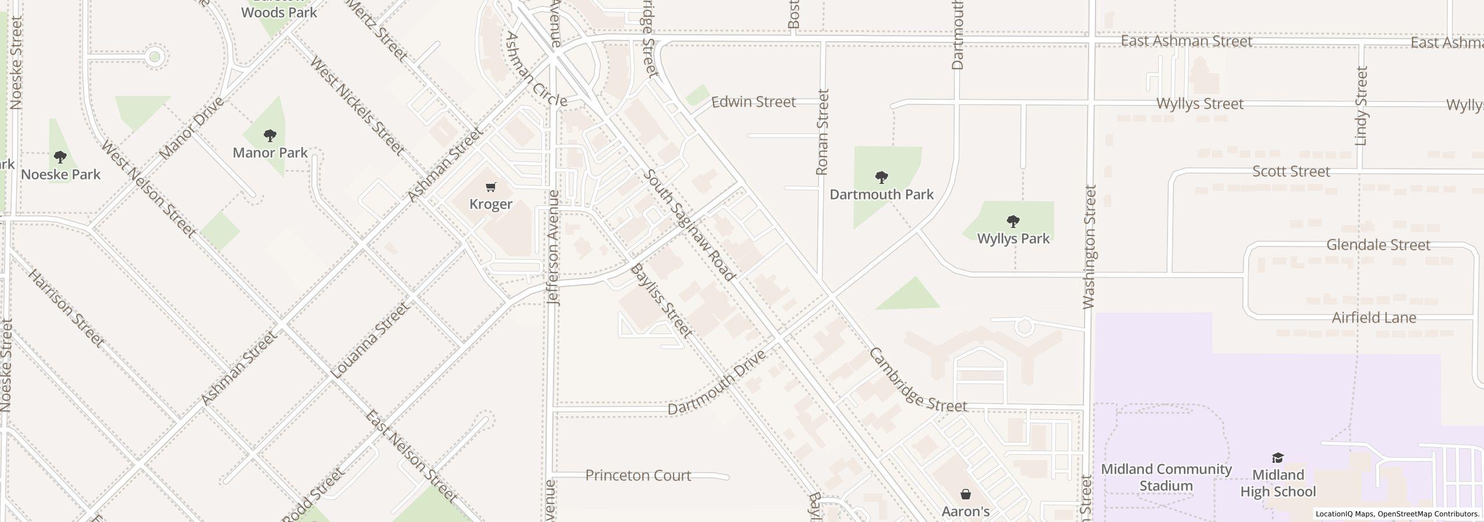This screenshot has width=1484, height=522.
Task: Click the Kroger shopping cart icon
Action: [491, 187]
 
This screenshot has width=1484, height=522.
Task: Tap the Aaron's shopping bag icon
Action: [966, 494]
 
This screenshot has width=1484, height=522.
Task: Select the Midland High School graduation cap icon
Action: [1278, 458]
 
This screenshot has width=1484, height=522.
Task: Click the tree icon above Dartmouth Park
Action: [881, 177]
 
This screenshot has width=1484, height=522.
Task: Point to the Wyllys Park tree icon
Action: [1013, 221]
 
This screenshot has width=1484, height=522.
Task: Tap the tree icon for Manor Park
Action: [270, 136]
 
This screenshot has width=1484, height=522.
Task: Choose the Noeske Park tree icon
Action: [60, 157]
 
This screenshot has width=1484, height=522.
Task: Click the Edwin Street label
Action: [753, 102]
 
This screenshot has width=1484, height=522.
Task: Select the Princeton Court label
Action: [638, 476]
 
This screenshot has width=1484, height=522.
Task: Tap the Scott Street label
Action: [1291, 172]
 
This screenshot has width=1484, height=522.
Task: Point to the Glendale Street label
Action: [1378, 245]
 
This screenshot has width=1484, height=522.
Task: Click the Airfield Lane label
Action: [1374, 318]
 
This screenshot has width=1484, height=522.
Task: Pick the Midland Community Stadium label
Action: [1166, 477]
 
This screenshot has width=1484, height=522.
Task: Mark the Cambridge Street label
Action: [918, 380]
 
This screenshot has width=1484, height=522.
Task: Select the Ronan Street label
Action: [822, 132]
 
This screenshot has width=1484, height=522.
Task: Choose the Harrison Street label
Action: [66, 309]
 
